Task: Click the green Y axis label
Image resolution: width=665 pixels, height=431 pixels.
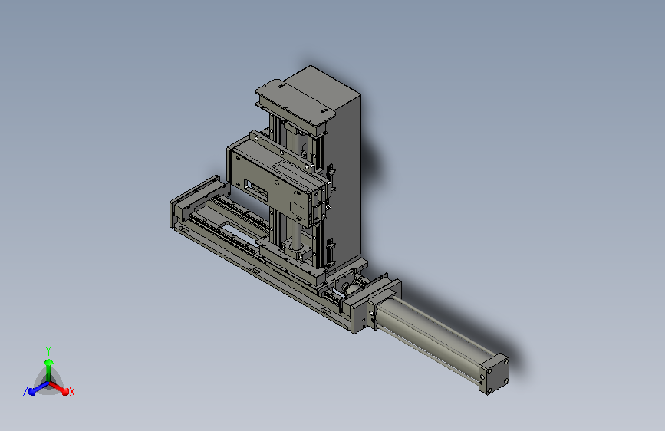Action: coord(48,351)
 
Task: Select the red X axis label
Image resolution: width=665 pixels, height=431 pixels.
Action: coord(71,392)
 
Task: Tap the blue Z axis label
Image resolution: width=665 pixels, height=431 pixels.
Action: coord(25,392)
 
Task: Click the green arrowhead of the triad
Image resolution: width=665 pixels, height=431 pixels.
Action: coord(49,362)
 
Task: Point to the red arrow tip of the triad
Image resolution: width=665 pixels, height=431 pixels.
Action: coord(65,392)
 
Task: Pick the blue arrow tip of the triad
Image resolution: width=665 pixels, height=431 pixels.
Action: coord(32,393)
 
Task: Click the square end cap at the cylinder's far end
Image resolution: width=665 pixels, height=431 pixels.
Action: coord(494,373)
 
